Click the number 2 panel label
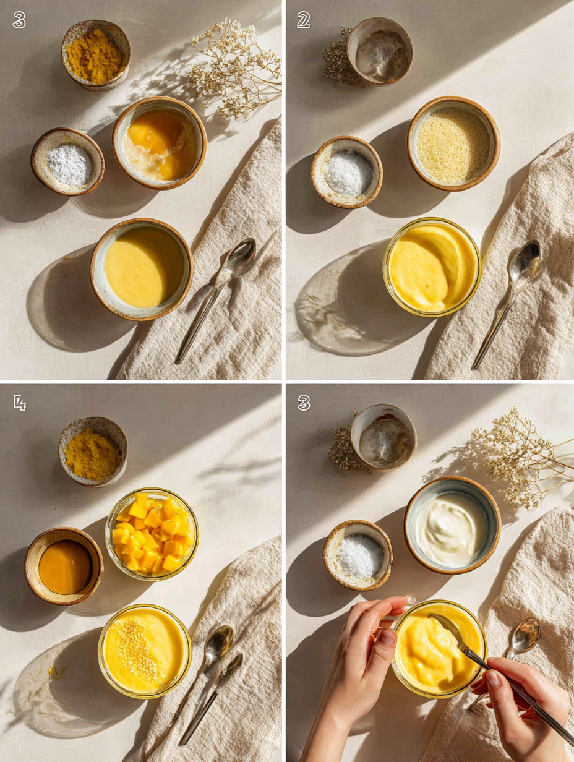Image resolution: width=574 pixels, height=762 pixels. (x=303, y=20)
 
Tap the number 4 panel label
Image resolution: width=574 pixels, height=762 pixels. (x=19, y=403)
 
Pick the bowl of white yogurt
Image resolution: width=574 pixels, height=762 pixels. (x=452, y=524)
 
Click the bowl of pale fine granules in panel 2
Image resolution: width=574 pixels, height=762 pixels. (x=453, y=144)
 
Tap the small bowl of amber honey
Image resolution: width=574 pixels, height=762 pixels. (x=64, y=566)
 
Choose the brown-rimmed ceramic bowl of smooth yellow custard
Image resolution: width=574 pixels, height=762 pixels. (x=142, y=268)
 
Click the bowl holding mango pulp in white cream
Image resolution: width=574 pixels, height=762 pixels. (x=160, y=143)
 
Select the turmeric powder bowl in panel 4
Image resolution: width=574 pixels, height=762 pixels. (x=93, y=452)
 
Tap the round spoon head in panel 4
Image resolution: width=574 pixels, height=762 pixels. (x=219, y=644)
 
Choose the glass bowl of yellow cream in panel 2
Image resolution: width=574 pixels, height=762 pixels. (x=432, y=267)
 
